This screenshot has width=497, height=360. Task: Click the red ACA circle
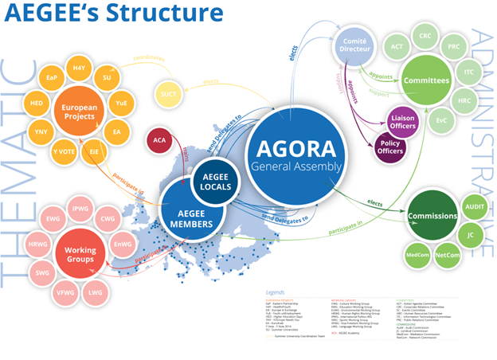[159, 141]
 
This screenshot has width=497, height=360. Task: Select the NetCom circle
[448, 255]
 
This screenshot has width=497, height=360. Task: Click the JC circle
[472, 236]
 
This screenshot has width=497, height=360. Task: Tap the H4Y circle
[80, 68]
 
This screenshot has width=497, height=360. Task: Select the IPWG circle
[80, 209]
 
